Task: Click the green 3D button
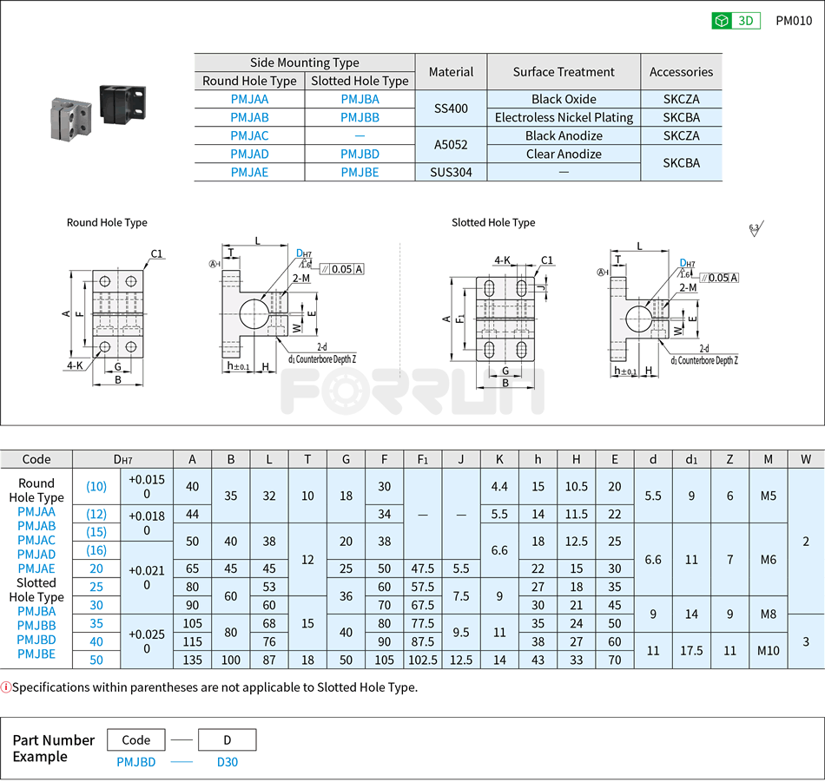[736, 21]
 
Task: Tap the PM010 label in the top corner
[794, 21]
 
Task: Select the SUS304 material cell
[451, 172]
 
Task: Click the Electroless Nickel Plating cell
[564, 117]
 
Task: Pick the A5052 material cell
[451, 145]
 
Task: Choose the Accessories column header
[681, 72]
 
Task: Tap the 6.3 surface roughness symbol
[754, 229]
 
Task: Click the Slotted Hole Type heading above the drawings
[493, 223]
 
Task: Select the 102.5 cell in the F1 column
[423, 660]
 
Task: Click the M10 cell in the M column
[768, 650]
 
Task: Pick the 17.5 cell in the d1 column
[691, 650]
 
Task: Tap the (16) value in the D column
[96, 550]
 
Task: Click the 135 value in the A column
[192, 660]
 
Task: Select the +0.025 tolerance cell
[146, 641]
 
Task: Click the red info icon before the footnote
[6, 687]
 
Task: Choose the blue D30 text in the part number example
[227, 762]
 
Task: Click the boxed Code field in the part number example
[136, 740]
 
